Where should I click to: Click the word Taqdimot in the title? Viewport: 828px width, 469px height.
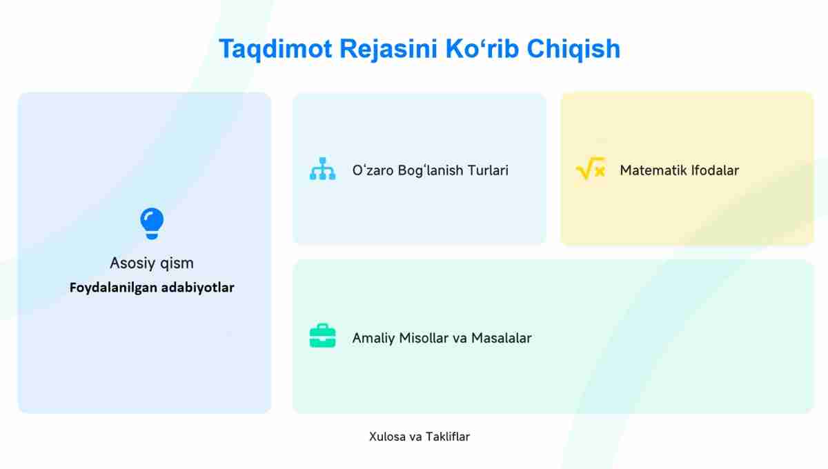[x=275, y=49]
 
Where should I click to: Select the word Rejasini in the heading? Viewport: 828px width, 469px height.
[x=388, y=49]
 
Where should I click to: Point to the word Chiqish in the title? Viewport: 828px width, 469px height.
[x=573, y=49]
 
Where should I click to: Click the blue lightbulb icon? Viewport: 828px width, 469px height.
[x=152, y=223]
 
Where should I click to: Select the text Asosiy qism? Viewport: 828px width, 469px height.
[x=152, y=263]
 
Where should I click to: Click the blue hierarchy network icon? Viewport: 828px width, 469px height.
[x=323, y=169]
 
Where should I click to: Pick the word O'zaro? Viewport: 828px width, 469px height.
[x=373, y=170]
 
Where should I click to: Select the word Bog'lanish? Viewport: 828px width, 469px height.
[x=431, y=170]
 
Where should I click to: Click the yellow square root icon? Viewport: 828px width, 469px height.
[x=591, y=168]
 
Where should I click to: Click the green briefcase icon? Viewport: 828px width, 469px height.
[x=323, y=336]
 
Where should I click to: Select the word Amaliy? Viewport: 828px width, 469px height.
[x=373, y=338]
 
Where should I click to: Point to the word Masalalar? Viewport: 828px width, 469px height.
[x=502, y=338]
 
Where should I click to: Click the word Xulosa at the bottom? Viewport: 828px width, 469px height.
[x=387, y=437]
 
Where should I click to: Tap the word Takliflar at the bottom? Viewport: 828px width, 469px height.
[x=448, y=437]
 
